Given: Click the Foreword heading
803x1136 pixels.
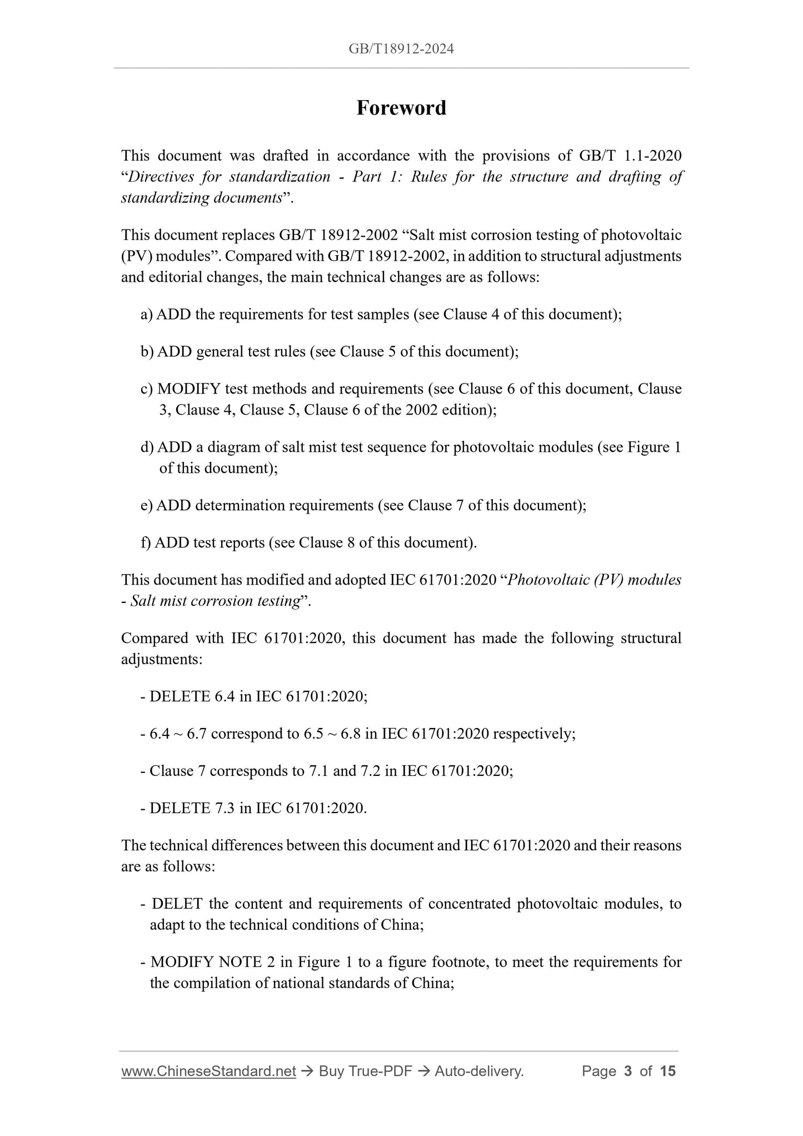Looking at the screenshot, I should click(401, 108).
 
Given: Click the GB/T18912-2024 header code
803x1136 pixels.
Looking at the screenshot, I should click(401, 49).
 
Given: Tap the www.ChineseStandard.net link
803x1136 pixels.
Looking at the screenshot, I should click(208, 1071).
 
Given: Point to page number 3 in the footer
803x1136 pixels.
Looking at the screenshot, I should click(628, 1071).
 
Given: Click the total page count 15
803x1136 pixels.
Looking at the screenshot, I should click(667, 1071).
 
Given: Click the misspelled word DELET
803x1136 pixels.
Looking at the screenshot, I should click(177, 903).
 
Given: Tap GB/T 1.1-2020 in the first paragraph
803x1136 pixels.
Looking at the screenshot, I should click(630, 156).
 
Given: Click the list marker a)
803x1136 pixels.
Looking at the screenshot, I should click(147, 315).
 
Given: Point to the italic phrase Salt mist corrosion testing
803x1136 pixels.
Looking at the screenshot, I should click(215, 601).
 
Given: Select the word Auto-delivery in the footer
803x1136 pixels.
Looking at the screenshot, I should click(478, 1071).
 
